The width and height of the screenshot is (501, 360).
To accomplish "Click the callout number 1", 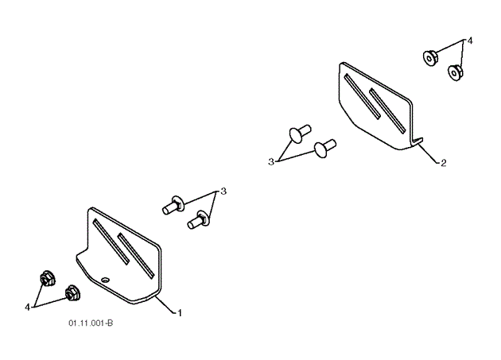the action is pos(180,313).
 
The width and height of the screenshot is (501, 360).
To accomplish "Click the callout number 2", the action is pos(443,164).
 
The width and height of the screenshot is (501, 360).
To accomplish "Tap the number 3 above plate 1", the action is pos(223,192).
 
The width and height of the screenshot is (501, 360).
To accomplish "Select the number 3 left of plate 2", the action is pos(271,161).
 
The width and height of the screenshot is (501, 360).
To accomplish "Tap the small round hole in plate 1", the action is pos(106,278).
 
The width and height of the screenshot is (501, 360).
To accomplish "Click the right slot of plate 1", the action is pos(135,254).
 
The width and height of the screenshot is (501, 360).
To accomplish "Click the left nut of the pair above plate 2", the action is pos(429,58).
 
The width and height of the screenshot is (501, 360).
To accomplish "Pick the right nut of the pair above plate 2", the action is pos(456,72).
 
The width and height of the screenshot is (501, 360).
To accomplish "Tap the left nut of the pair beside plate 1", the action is pos(45,279).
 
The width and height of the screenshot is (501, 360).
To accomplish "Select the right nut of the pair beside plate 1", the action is pos(72,292).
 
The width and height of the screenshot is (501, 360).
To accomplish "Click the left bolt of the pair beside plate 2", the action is pos(298,133).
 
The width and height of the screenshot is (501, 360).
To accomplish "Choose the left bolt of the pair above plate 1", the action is pos(174,206).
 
